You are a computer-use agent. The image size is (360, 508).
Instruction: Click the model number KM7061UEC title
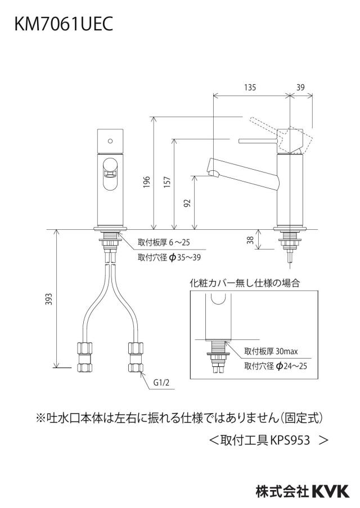[x=64, y=24]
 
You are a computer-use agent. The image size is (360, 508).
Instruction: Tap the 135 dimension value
[x=250, y=87]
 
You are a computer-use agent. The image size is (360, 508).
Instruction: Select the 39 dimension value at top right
[x=300, y=87]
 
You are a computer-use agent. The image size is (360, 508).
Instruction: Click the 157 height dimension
[x=167, y=183]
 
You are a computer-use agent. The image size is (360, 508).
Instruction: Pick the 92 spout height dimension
[x=187, y=203]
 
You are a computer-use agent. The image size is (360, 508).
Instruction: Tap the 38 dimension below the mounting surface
[x=250, y=240]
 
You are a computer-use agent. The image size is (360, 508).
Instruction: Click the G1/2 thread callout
[x=161, y=383]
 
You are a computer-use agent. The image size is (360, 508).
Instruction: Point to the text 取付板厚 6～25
[x=164, y=242]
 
